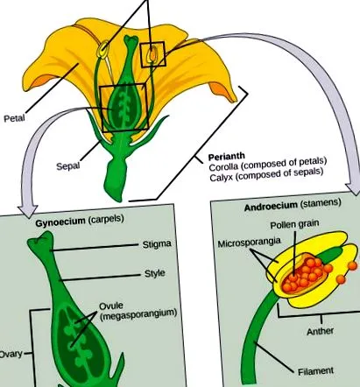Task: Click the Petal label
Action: point(14,118)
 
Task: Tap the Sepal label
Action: point(68,166)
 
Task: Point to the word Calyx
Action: point(222,177)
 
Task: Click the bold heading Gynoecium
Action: point(60,222)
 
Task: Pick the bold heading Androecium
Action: point(271,206)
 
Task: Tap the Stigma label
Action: point(157,244)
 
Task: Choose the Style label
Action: point(155,273)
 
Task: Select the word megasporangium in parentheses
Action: point(138,314)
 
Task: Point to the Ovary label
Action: point(11,354)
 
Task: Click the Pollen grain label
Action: point(294,225)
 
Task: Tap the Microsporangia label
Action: point(249,243)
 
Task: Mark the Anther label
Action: point(320,331)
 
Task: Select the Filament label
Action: point(315,371)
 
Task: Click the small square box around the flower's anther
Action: point(152,54)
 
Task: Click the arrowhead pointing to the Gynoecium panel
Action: point(27,211)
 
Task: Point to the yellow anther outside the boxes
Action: point(102,50)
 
